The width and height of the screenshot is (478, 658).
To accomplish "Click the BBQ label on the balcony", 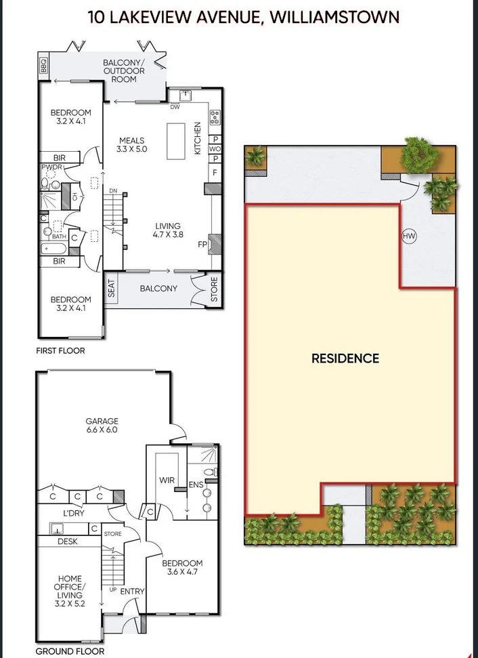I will (44, 66).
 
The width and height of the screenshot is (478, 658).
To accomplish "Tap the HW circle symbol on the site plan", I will (408, 237).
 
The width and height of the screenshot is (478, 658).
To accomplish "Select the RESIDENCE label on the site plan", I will (345, 358).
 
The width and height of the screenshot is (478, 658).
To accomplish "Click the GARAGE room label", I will (102, 424).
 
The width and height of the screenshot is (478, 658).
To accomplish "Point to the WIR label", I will (167, 480).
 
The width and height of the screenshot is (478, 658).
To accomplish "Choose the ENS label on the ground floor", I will (196, 485).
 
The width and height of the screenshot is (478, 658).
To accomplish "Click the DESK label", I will (67, 541).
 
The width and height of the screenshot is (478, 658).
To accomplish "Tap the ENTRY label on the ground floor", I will (132, 591).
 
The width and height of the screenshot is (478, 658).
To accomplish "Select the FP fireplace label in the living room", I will (202, 244).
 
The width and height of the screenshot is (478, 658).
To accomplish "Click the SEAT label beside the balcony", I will (112, 291).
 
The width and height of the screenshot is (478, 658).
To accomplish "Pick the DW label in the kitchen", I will (175, 107).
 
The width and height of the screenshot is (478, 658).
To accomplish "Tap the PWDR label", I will (51, 167).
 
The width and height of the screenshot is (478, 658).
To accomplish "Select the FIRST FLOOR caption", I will (61, 351).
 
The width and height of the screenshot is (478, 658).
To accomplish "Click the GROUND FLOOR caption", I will (70, 651).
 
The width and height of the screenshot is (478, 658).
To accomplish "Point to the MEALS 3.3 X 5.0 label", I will (131, 145).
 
